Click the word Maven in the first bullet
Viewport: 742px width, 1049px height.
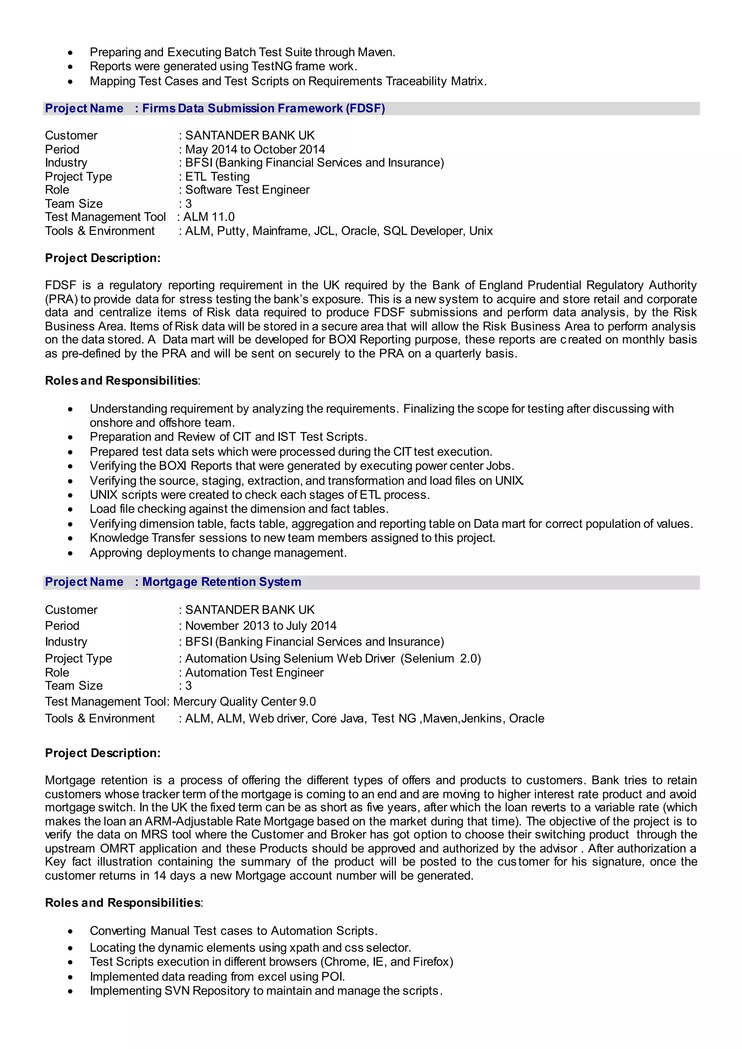[376, 52]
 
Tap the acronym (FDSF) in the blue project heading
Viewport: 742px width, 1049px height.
[365, 108]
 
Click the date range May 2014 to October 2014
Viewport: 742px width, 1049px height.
[255, 149]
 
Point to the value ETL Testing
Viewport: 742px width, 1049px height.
[217, 177]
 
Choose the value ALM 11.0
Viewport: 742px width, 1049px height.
[209, 217]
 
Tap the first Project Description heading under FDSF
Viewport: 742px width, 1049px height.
[103, 258]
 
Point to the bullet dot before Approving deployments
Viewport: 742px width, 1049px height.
[70, 553]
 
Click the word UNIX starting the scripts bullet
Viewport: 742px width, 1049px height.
[104, 495]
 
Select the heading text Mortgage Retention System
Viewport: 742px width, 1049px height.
[222, 582]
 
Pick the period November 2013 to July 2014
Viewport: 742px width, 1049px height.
[260, 626]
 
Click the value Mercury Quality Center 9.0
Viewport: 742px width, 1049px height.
[245, 702]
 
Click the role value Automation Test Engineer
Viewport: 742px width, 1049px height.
[254, 673]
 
